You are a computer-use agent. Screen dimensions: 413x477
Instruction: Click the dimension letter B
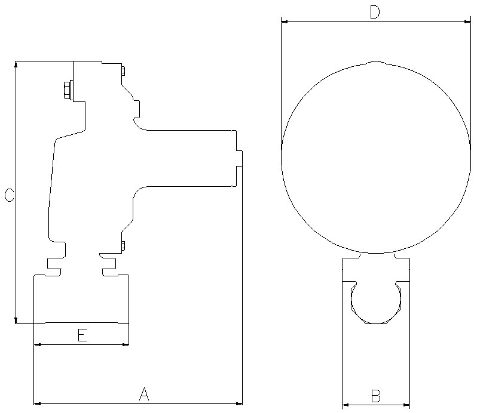375,396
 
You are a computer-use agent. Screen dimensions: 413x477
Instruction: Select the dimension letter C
9,195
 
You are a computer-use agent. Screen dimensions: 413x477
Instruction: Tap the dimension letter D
375,12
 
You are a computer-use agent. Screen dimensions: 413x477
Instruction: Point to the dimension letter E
82,335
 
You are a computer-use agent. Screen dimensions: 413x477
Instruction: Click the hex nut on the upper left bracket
66,91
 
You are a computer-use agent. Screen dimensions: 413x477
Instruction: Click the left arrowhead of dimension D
285,21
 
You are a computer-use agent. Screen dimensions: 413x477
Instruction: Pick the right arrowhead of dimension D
467,21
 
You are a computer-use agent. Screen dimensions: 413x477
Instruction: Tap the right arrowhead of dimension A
239,404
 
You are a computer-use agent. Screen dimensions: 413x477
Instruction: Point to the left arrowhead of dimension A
38,404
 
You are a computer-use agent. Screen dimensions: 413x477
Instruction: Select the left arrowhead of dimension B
345,405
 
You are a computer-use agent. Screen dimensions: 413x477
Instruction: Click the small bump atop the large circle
375,62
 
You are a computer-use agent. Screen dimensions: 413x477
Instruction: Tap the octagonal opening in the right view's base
375,303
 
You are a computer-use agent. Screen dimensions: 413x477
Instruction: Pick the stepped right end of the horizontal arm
239,158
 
